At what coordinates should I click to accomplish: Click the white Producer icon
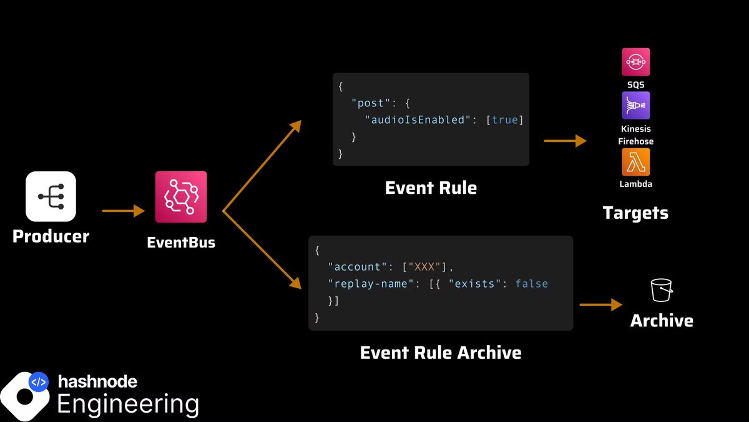[51, 196]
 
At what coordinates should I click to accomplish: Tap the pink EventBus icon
[181, 197]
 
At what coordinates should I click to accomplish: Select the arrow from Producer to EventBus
[123, 211]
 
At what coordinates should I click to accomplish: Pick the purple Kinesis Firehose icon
[636, 106]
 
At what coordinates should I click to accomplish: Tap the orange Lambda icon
[636, 162]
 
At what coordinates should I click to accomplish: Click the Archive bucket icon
[661, 291]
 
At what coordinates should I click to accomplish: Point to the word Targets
[635, 213]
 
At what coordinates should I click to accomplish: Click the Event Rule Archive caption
[441, 353]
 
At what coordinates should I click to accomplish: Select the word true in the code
[504, 119]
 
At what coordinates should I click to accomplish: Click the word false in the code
[532, 283]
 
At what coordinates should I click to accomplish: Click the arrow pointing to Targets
[565, 141]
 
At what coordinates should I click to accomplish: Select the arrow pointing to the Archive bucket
[601, 304]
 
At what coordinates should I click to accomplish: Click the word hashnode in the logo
[97, 381]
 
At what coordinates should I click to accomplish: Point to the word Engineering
[128, 403]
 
